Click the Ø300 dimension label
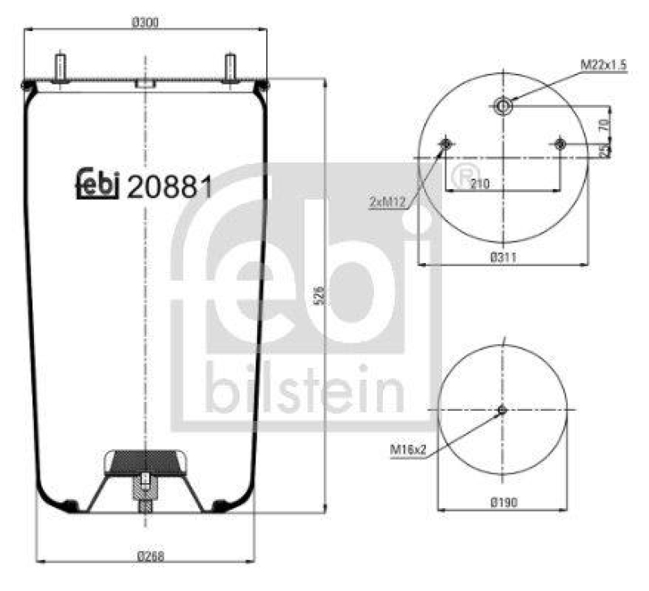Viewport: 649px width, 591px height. click(x=144, y=22)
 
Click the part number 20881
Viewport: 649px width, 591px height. click(x=171, y=187)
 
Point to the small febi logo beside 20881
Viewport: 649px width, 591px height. click(x=98, y=185)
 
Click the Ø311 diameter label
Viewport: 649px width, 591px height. click(x=505, y=257)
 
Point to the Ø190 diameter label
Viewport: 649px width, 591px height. click(x=505, y=503)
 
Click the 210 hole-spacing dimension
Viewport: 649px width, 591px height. click(x=479, y=184)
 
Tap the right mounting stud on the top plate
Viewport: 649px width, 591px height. click(x=230, y=67)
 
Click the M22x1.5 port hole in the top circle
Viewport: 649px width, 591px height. click(x=503, y=106)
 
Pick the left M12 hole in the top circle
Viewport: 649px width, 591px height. click(x=445, y=145)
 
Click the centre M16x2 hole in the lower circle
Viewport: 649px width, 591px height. click(x=502, y=411)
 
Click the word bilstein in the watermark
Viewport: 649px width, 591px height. click(x=303, y=390)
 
